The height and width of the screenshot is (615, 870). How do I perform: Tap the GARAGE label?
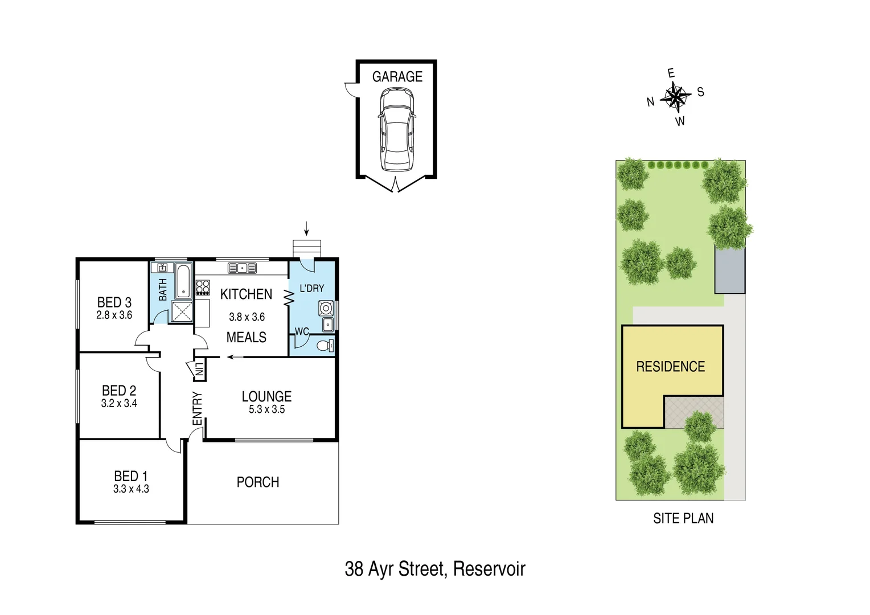tap(397, 77)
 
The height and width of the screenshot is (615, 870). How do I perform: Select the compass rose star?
tap(676, 96)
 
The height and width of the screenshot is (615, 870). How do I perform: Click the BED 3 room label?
tap(114, 302)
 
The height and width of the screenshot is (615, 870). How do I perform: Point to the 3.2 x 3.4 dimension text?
tap(119, 404)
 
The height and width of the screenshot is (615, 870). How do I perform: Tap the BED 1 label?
tap(131, 476)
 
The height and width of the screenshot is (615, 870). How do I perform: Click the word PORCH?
tap(258, 482)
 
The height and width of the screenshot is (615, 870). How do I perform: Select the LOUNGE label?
tap(266, 396)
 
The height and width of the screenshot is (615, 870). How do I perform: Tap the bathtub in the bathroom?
tap(183, 281)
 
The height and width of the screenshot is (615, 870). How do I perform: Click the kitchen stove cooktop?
tap(203, 288)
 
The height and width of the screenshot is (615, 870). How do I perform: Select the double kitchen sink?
tap(242, 268)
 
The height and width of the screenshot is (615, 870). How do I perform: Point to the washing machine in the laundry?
tap(326, 308)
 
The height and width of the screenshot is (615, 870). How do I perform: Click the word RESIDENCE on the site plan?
tap(670, 367)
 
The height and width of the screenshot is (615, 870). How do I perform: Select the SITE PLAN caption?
tap(683, 518)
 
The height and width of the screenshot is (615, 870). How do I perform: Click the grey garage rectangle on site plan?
tap(730, 271)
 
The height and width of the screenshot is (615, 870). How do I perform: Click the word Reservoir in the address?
tap(489, 569)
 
